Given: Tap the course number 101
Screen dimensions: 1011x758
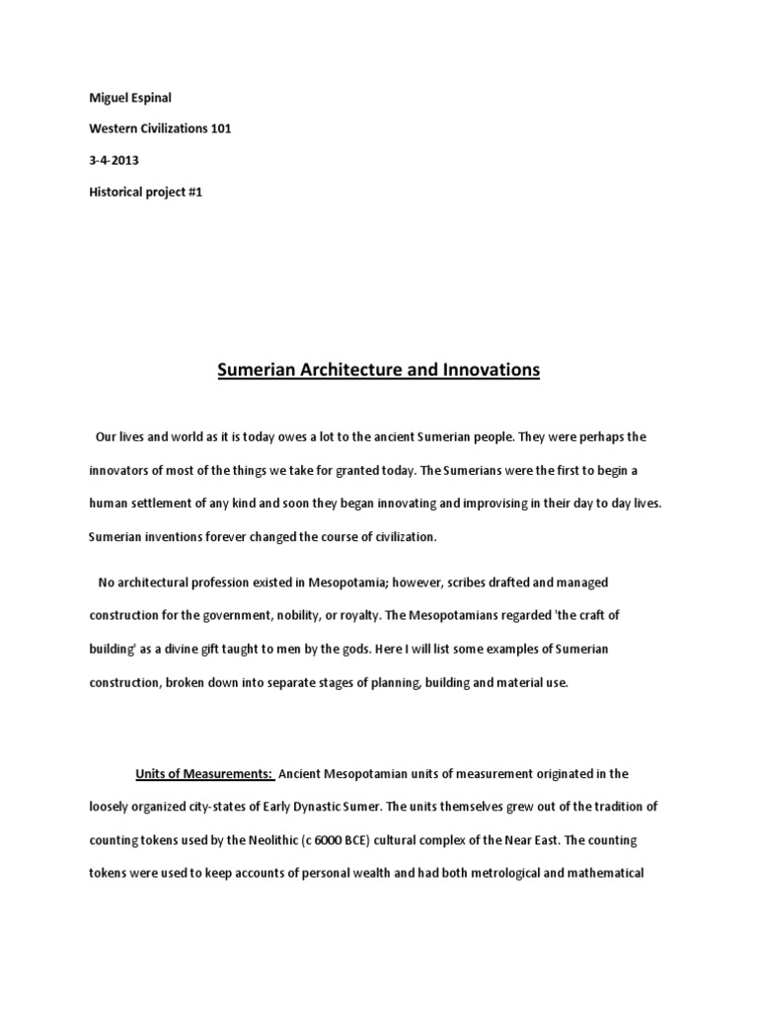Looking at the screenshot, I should (218, 129).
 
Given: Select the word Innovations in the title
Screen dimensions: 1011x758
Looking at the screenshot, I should (488, 371).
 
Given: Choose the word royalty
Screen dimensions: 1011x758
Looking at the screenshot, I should (353, 615).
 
